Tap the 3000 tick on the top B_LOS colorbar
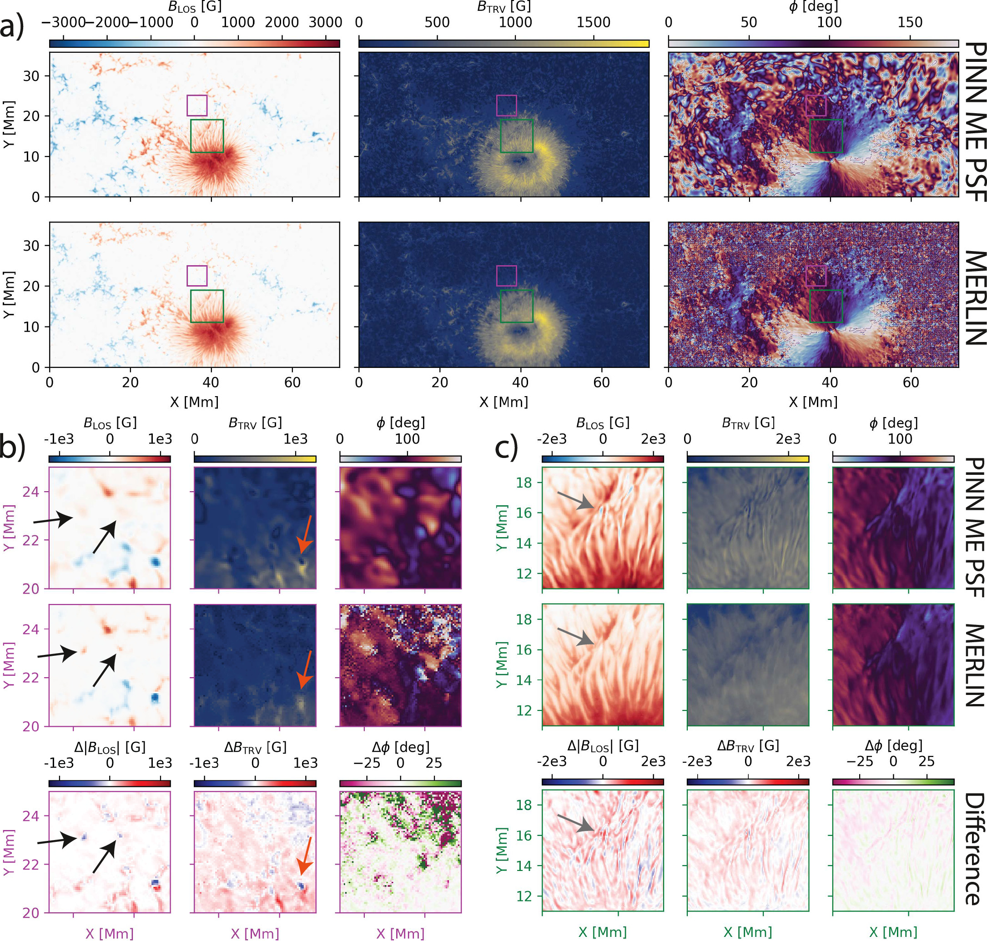click(x=326, y=23)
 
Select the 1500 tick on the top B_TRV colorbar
click(x=594, y=23)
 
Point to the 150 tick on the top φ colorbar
click(x=910, y=23)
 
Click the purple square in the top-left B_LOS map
click(x=196, y=106)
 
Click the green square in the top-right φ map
click(x=826, y=136)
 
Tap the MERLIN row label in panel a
click(x=974, y=297)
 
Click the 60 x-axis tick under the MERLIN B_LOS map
click(x=292, y=382)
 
